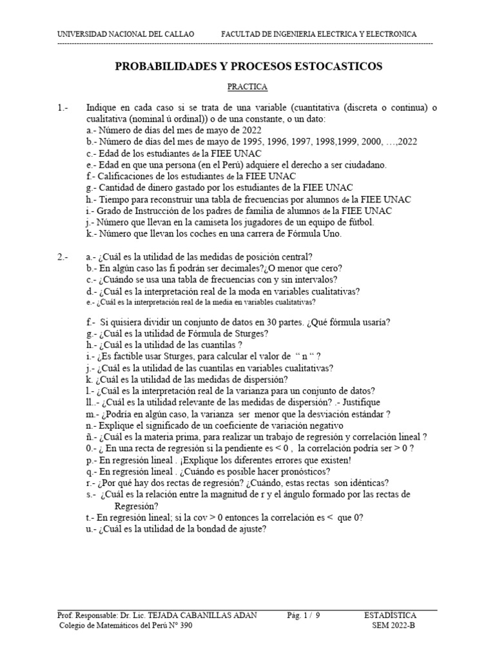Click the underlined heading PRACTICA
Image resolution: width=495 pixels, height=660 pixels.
[x=247, y=86]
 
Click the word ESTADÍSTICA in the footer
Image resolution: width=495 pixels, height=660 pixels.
[x=391, y=615]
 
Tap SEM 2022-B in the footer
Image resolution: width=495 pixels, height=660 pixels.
[x=394, y=625]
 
